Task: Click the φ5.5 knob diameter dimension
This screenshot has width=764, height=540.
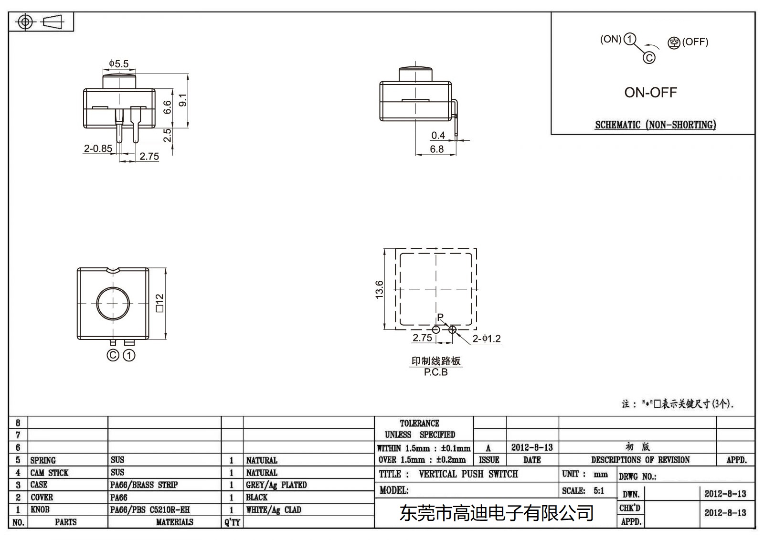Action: click(x=118, y=64)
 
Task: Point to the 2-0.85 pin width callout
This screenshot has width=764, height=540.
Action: click(x=98, y=148)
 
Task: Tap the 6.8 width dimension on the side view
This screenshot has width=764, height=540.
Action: click(x=436, y=149)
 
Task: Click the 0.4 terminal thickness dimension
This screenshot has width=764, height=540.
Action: click(x=438, y=136)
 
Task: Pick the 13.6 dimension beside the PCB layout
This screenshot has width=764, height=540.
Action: click(x=379, y=289)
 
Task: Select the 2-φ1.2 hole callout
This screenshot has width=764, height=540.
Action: click(x=487, y=339)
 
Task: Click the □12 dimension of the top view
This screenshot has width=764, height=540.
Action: click(x=159, y=303)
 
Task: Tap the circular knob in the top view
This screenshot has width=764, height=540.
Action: click(x=113, y=303)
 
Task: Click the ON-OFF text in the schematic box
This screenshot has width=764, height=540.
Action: click(x=650, y=93)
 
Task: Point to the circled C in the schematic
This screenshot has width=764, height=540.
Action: click(x=649, y=58)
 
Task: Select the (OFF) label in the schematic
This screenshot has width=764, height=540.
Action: click(x=695, y=42)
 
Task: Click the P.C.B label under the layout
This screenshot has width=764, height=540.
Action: click(x=435, y=372)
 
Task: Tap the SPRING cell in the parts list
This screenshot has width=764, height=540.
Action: click(x=43, y=460)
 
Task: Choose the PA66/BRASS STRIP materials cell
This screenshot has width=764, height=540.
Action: click(x=144, y=485)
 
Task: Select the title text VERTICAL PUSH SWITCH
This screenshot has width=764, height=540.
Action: click(x=468, y=474)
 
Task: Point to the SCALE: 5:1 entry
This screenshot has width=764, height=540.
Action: click(x=583, y=491)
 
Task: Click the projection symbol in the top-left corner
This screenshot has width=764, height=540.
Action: click(x=41, y=22)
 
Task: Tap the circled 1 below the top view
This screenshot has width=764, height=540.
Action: click(x=129, y=356)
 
